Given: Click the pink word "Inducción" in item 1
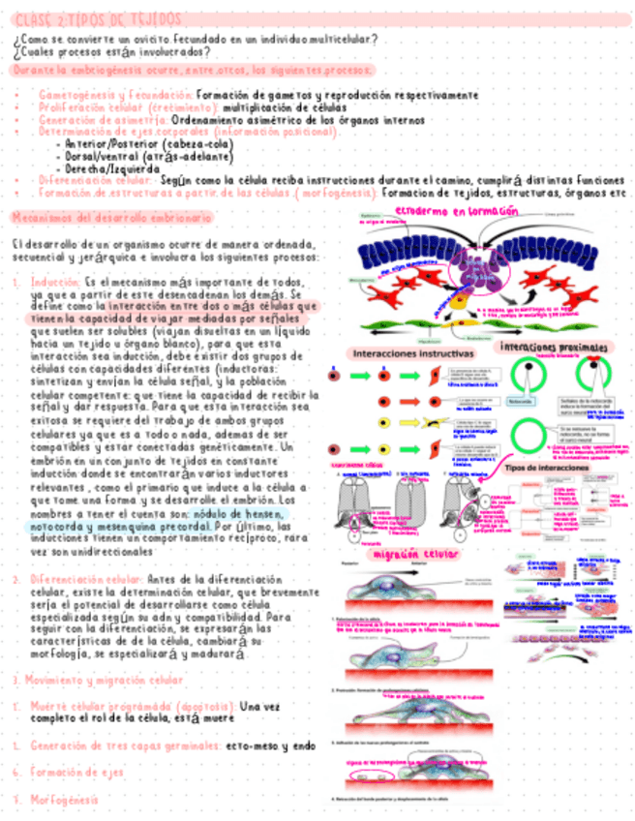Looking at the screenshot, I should point(56,284).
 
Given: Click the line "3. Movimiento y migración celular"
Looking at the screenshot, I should point(97,680).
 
